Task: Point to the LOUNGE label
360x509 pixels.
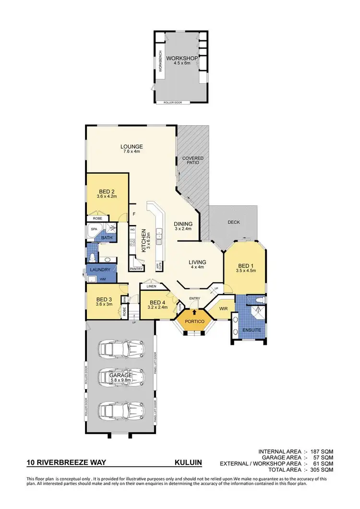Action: tap(132, 147)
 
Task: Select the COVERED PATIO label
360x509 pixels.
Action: tap(192, 160)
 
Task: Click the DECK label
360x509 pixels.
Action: tap(234, 222)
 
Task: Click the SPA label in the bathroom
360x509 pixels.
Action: tap(94, 229)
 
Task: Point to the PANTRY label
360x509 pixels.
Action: tap(137, 269)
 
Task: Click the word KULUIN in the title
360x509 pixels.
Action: tap(188, 463)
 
